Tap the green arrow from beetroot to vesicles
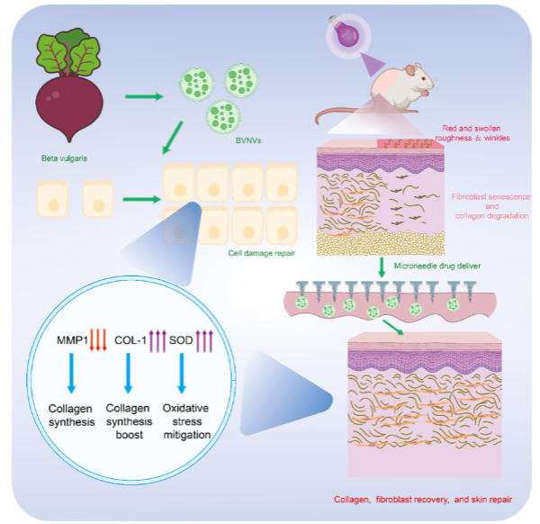[x=143, y=95]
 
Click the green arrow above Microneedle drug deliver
[x=383, y=267]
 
